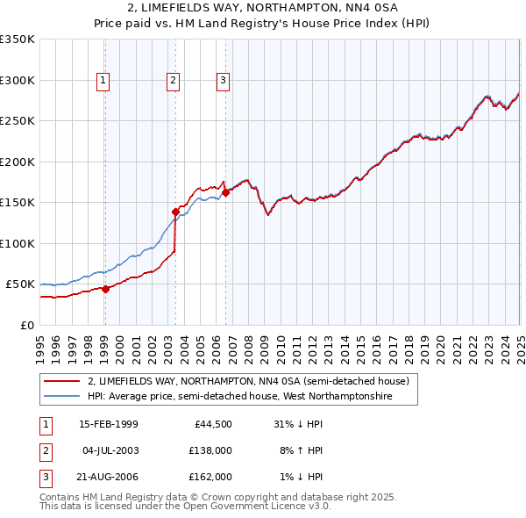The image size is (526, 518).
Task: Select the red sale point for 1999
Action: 105,288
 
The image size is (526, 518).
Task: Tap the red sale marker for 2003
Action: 175,212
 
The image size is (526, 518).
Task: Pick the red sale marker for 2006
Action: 225,192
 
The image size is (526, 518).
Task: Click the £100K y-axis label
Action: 18,243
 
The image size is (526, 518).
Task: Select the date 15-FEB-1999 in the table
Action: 109,424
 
